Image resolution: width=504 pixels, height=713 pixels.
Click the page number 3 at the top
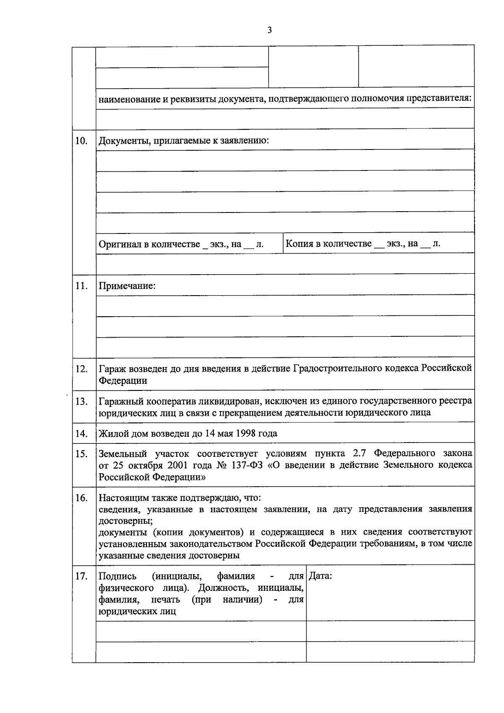tap(270, 30)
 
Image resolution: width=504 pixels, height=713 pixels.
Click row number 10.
tap(81, 141)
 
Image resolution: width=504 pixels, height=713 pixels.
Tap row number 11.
tap(81, 286)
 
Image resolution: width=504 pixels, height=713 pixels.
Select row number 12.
tap(81, 369)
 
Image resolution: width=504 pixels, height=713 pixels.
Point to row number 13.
tap(81, 401)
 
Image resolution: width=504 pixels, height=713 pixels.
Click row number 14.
tap(81, 433)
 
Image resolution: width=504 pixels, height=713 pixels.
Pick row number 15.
tap(81, 454)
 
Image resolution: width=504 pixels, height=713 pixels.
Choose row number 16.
tap(81, 498)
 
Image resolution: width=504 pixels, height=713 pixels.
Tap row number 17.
tap(81, 576)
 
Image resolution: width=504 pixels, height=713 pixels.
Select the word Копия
tap(299, 244)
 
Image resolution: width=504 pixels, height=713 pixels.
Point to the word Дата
tap(320, 576)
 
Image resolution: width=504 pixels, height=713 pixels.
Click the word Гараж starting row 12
tap(112, 369)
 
